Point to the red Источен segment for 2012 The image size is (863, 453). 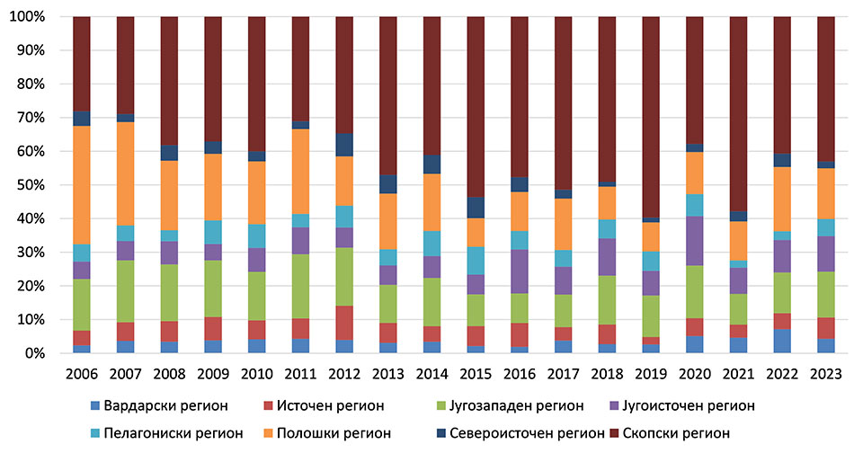click(x=344, y=323)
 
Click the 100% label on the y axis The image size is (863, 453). click(x=33, y=17)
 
